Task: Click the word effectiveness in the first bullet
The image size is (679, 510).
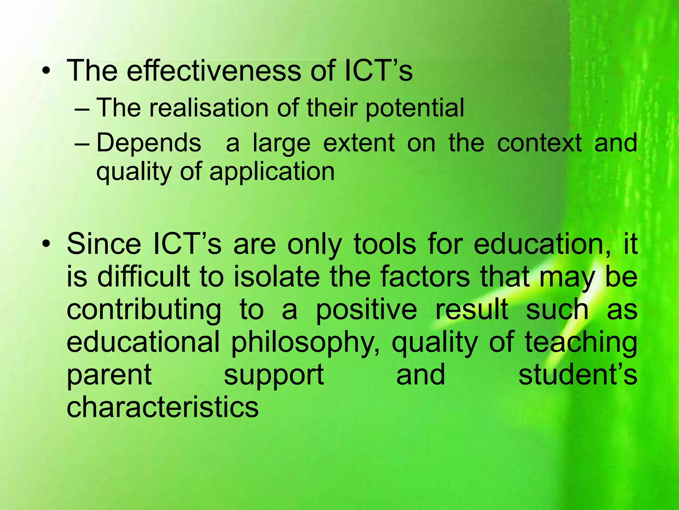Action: pos(214,71)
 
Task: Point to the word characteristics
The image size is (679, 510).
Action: pos(162,407)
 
